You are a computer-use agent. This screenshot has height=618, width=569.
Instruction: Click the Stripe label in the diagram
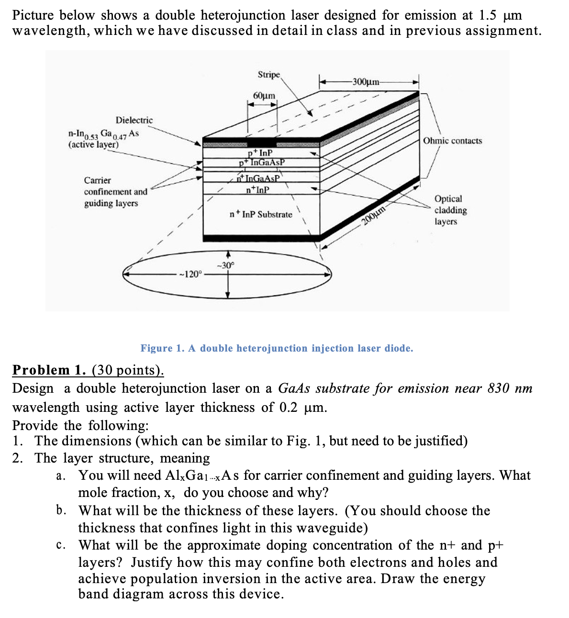268,75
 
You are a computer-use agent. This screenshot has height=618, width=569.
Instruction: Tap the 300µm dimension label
366,81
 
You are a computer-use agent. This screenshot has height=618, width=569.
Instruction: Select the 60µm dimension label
264,96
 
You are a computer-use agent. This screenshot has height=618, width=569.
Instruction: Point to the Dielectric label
134,120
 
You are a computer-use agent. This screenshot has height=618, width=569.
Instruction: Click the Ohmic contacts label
452,141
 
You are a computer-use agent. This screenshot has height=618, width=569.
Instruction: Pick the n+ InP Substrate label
261,214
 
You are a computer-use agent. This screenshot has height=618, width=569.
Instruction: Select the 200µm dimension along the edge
374,216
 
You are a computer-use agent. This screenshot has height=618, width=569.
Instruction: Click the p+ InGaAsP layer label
262,162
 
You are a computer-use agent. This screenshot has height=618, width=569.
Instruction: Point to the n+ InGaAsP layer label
259,178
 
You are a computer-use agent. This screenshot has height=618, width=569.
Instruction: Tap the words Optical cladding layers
450,210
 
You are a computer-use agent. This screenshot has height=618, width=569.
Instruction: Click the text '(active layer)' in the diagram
93,144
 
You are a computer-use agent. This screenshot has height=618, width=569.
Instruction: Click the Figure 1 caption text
277,348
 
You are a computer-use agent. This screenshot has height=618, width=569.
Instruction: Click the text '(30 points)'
128,370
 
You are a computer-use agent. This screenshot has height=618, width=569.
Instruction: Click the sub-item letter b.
61,510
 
